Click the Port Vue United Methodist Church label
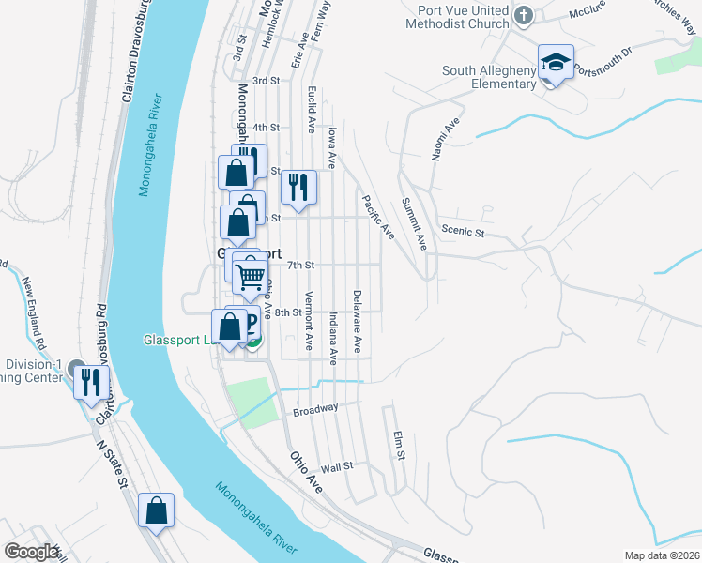coord(457,16)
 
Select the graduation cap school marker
coord(556,65)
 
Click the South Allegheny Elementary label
coord(488,77)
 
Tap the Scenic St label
coord(462,232)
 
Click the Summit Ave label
coord(414,222)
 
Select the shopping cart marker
coord(251,277)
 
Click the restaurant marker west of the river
coord(90,382)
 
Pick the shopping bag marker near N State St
coord(157,512)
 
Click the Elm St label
coord(399,445)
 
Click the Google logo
coord(32,552)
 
